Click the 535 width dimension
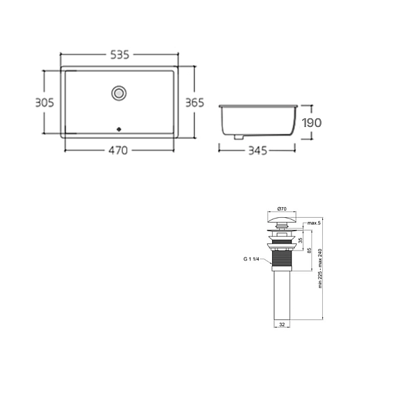[120, 55]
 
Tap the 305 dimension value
[45, 102]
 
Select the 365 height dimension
[194, 102]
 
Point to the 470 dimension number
[118, 150]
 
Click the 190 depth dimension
[311, 123]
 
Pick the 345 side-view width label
[258, 150]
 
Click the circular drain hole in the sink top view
[119, 93]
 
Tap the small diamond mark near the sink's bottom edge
[119, 130]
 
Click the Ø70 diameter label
[282, 209]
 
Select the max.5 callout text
[314, 223]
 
